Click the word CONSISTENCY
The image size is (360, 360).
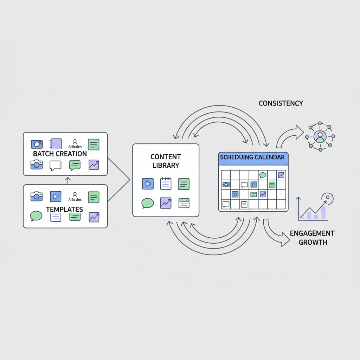click(281, 103)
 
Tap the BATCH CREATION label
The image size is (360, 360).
click(60, 154)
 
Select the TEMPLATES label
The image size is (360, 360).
click(64, 209)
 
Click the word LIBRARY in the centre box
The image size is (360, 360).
click(166, 165)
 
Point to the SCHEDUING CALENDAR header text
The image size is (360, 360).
click(252, 157)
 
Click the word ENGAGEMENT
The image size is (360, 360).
click(312, 233)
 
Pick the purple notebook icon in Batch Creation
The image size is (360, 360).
click(56, 143)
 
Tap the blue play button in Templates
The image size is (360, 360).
click(56, 197)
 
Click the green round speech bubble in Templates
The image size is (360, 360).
click(36, 216)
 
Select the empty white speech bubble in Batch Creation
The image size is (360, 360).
click(56, 165)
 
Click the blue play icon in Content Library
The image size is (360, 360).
click(148, 184)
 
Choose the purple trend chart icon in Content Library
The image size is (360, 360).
click(166, 203)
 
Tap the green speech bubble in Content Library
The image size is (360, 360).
click(148, 203)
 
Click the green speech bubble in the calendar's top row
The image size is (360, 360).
click(263, 175)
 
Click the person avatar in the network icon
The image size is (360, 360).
click(320, 136)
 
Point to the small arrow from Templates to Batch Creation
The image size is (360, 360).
click(68, 180)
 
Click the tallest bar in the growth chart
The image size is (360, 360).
click(323, 212)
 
